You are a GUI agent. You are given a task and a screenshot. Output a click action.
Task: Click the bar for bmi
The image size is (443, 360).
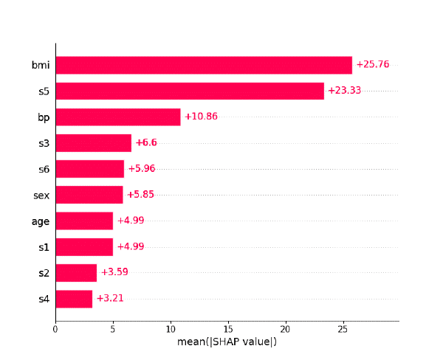204,65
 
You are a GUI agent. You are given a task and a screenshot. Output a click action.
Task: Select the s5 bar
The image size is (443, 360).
190,91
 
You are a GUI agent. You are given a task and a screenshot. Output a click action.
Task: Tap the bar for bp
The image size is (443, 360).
118,117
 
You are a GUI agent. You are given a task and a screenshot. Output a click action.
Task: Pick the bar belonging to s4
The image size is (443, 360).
74,299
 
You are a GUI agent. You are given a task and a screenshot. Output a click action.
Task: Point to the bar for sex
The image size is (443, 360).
89,195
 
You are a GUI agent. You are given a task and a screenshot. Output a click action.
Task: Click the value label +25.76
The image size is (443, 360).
373,65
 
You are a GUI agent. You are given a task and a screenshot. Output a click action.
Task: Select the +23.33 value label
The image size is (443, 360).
345,91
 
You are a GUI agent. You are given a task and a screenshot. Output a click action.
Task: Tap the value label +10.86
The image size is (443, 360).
201,117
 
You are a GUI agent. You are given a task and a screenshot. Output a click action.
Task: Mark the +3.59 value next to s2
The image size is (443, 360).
114,272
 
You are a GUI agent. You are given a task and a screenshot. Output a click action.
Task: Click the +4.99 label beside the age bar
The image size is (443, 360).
131,221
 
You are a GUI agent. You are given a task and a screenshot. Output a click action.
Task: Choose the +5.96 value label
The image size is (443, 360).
142,169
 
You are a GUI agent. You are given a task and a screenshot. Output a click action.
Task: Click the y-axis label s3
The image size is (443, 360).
44,143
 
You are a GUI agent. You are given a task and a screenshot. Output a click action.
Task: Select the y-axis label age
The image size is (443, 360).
41,221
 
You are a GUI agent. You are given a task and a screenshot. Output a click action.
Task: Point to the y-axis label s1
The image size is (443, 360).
44,246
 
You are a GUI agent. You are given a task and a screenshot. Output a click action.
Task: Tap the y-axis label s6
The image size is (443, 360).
44,169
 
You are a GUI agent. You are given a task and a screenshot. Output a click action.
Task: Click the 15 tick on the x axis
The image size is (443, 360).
227,329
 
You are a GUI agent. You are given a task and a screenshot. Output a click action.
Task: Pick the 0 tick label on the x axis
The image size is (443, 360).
55,329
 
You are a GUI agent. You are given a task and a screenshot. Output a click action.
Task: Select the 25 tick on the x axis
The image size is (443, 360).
343,329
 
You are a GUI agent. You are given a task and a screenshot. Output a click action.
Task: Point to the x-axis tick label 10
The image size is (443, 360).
171,329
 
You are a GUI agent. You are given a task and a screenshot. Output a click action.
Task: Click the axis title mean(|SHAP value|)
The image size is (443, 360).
227,342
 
